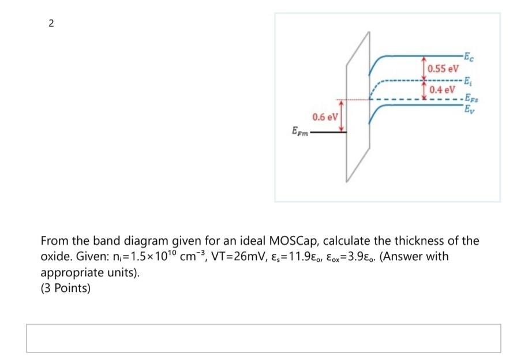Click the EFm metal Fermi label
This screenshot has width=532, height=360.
(x=299, y=133)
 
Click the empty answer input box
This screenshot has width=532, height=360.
(x=263, y=338)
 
